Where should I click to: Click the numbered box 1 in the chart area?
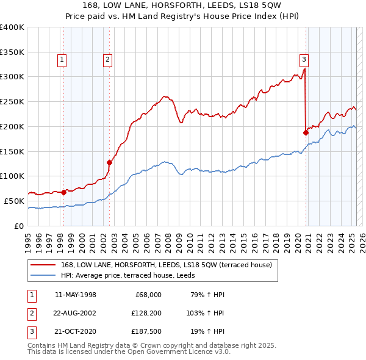pyautogui.click(x=63, y=60)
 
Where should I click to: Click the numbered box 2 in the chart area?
pyautogui.click(x=107, y=60)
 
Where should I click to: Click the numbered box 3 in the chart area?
pyautogui.click(x=304, y=60)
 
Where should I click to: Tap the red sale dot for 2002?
pyautogui.click(x=110, y=162)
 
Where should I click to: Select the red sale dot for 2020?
pyautogui.click(x=306, y=132)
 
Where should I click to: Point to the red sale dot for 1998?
pyautogui.click(x=64, y=192)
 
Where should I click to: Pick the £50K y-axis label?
pyautogui.click(x=15, y=201)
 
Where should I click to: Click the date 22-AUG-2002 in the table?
pyautogui.click(x=75, y=314)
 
